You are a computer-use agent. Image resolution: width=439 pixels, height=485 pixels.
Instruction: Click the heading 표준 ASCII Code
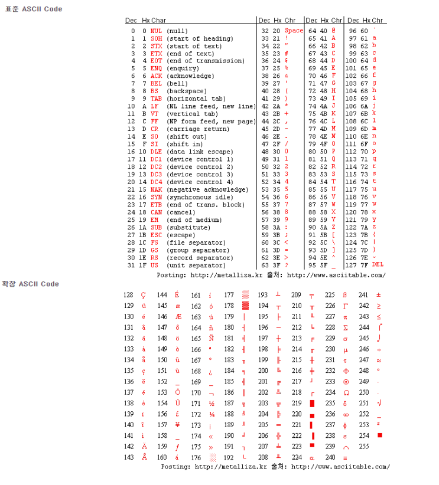coord(34,9)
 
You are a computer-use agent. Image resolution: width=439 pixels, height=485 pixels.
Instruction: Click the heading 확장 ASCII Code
coord(30,284)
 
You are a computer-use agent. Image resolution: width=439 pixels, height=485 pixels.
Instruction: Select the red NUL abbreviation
coord(156,31)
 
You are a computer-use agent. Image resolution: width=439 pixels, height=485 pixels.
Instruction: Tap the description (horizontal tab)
coord(196,99)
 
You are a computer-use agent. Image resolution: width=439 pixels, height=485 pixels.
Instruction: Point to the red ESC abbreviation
coord(156,235)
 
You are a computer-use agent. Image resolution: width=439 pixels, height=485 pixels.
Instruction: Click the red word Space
coord(294,31)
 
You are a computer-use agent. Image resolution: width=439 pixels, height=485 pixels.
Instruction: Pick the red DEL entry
coord(378,264)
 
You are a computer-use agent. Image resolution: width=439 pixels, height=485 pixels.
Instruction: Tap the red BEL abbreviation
coord(156,84)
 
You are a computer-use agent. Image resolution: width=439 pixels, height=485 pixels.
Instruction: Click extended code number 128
coord(128,295)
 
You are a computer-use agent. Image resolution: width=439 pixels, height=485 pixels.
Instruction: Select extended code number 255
coord(364,447)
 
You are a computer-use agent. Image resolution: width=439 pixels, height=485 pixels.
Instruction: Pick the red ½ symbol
coord(211,403)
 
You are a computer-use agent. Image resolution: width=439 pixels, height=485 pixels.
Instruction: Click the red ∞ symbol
coord(346,414)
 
